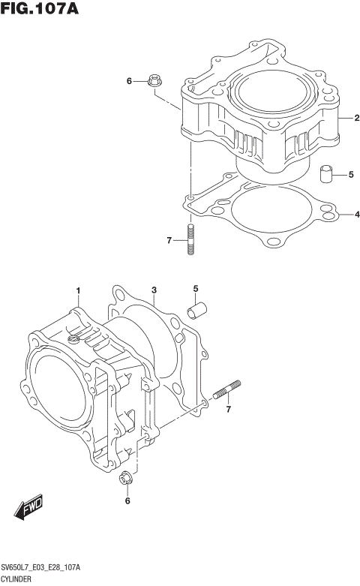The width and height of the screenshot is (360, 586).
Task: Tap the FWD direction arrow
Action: pyautogui.click(x=30, y=508)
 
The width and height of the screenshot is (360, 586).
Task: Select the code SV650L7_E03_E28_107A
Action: pyautogui.click(x=41, y=568)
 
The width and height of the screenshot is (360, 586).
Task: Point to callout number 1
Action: pyautogui.click(x=78, y=290)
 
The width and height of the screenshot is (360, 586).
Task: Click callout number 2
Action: pyautogui.click(x=357, y=118)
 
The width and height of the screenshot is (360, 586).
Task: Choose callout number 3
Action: pyautogui.click(x=153, y=290)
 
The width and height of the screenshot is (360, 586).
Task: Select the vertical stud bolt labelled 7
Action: pyautogui.click(x=191, y=240)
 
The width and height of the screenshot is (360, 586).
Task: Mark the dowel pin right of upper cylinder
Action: pyautogui.click(x=326, y=175)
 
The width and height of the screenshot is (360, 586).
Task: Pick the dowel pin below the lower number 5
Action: pyautogui.click(x=196, y=310)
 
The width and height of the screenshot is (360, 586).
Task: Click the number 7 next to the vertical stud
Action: pyautogui.click(x=170, y=240)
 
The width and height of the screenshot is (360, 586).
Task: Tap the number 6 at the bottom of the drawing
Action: pyautogui.click(x=127, y=500)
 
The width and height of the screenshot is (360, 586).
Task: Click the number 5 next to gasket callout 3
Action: pyautogui.click(x=195, y=289)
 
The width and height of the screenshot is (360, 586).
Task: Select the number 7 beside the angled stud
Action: pyautogui.click(x=229, y=409)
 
